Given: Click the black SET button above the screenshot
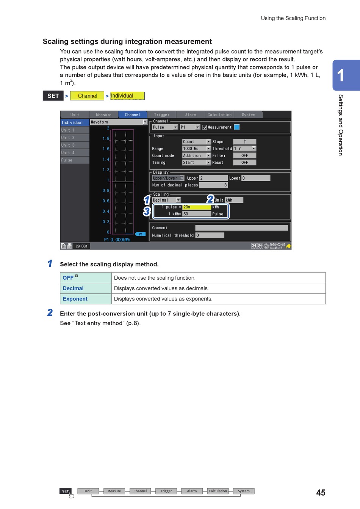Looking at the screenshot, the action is point(53,96).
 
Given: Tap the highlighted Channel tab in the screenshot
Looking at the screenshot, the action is point(132,115).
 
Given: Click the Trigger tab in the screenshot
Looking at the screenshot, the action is point(161,115).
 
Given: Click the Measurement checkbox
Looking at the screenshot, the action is point(205,127).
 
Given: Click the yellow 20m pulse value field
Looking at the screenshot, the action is point(196,207).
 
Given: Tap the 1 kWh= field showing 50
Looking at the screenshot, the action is point(196,214).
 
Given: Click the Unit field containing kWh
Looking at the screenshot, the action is point(234,200).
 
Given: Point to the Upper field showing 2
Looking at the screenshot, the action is point(213,178).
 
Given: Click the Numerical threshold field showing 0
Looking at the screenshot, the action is point(210,235).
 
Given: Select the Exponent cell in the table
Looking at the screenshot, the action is point(75,299).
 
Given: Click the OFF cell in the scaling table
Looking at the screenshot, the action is point(68,278).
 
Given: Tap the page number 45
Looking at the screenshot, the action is point(321,492).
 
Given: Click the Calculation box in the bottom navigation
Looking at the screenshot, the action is point(218,491).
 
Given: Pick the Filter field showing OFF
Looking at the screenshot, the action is point(245,156).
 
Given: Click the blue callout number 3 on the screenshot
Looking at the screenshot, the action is point(147,211).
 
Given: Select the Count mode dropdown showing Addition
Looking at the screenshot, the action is point(196,156).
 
